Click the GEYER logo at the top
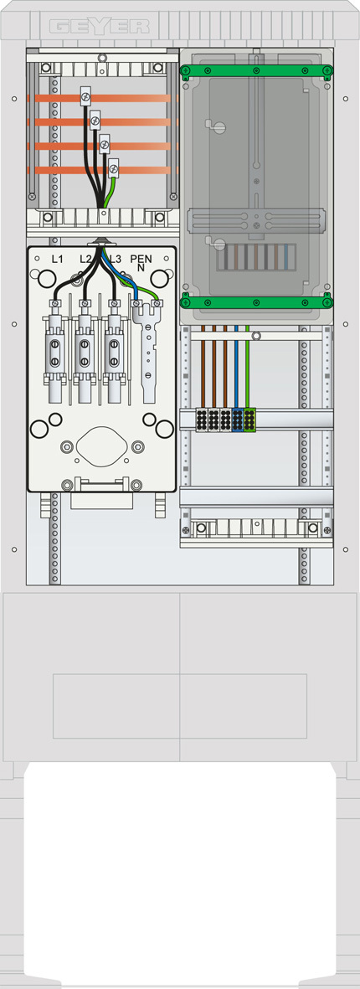99,26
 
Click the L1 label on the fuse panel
57,259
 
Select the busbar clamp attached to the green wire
113,168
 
